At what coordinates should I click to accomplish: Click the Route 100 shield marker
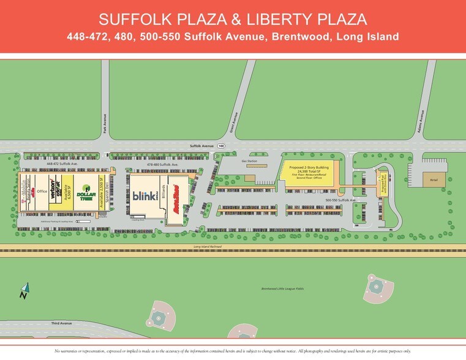coord(220,146)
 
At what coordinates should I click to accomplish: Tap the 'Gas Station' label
coord(249,160)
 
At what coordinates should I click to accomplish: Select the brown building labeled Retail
coord(434,179)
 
